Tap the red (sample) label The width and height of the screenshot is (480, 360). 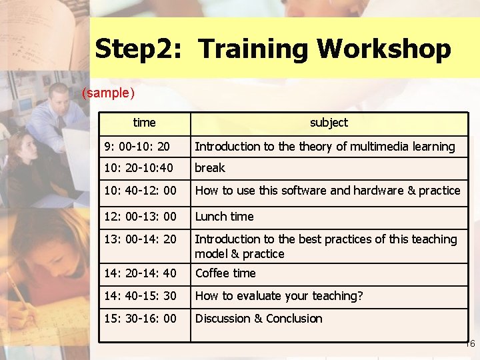click(x=108, y=93)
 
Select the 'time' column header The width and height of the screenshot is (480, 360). click(x=144, y=123)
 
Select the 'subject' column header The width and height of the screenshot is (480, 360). click(x=329, y=123)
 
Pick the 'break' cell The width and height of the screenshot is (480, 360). click(x=210, y=168)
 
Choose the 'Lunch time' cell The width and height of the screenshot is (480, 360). click(x=224, y=217)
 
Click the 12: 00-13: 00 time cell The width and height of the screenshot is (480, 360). click(x=140, y=217)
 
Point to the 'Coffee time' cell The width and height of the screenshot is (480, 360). click(x=225, y=273)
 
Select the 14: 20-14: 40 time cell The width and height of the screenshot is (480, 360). click(x=140, y=273)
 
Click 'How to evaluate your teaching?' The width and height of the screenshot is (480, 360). click(x=279, y=296)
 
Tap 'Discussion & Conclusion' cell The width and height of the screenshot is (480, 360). click(x=258, y=319)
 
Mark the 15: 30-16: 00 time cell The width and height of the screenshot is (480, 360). click(x=140, y=319)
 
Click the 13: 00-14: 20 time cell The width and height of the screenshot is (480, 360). click(x=140, y=239)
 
